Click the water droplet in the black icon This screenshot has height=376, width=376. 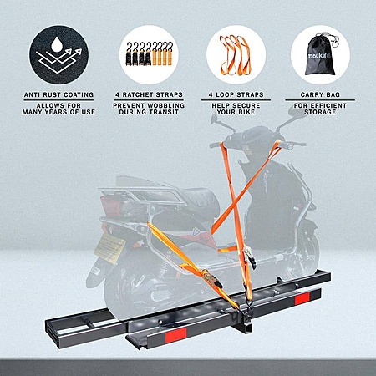58,43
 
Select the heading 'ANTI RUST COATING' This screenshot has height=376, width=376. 58,94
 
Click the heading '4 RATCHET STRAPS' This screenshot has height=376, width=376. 149,94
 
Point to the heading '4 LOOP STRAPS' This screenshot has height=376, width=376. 236,94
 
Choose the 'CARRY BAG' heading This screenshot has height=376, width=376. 320,94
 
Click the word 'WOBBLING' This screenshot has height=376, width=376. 166,106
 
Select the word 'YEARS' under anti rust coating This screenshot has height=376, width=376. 59,112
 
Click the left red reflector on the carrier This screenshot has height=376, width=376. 175,335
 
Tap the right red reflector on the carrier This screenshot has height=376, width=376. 302,298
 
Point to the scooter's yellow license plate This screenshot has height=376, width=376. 109,248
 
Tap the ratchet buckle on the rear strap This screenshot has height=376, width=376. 213,278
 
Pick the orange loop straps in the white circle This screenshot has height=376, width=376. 236,55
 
